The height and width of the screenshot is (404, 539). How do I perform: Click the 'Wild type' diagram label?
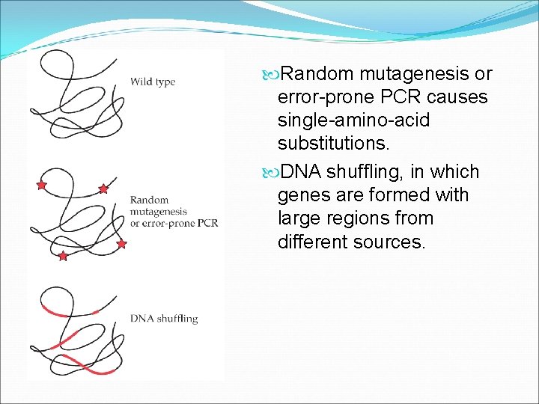click(153, 82)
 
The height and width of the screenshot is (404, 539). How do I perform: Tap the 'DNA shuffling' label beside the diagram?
click(164, 319)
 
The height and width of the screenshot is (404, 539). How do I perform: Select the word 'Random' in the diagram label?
click(149, 200)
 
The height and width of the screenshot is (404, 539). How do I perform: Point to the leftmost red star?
click(41, 184)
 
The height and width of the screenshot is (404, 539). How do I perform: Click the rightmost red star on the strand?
click(121, 244)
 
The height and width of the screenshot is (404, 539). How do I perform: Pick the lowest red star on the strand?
click(63, 257)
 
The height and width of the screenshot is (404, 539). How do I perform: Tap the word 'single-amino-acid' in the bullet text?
click(353, 120)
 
